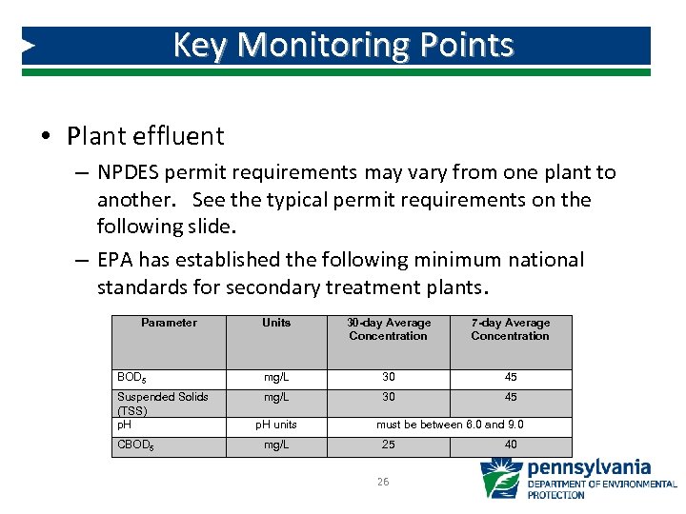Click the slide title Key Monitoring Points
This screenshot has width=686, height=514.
(343, 45)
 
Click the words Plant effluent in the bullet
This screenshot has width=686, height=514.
(145, 136)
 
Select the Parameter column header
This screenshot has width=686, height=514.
(169, 323)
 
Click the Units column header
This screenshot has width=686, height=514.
(276, 323)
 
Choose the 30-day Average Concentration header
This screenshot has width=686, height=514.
(388, 329)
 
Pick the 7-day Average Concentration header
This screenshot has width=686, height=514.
(510, 329)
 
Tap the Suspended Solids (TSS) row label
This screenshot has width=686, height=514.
(162, 404)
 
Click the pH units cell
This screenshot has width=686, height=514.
(276, 425)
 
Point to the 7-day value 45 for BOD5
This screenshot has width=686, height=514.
(511, 378)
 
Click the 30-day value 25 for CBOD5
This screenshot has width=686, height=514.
(388, 445)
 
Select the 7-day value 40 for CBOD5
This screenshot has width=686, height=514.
(511, 445)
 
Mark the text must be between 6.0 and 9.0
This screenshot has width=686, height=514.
(450, 425)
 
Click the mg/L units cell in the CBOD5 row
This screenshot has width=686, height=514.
(276, 445)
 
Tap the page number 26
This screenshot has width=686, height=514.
(382, 483)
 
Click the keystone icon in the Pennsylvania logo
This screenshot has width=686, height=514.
(500, 479)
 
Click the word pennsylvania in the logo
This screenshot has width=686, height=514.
(589, 468)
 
